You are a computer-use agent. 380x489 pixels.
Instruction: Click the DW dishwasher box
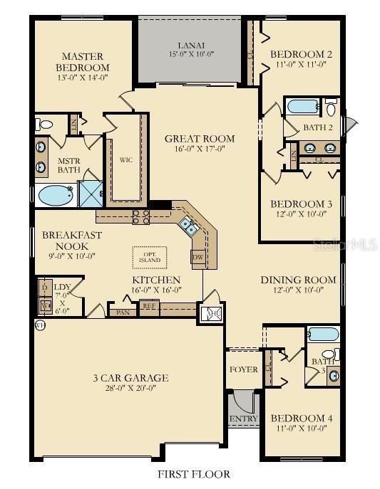pyautogui.click(x=198, y=256)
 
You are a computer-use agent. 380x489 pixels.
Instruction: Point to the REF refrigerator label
pyautogui.click(x=149, y=306)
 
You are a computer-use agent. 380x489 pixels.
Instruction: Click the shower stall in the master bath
pyautogui.click(x=91, y=193)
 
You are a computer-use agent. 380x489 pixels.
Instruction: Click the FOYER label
pyautogui.click(x=242, y=369)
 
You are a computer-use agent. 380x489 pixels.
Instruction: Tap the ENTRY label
pyautogui.click(x=243, y=419)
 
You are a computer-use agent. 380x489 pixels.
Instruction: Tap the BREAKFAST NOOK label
pyautogui.click(x=71, y=240)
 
